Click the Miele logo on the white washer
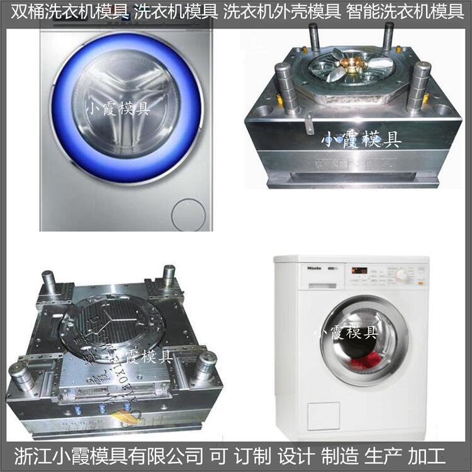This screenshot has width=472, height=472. [314, 268]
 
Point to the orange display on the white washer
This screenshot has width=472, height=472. [359, 271]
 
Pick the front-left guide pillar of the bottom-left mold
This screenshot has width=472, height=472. [21, 376]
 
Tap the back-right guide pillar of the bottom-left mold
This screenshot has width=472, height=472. [169, 277]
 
